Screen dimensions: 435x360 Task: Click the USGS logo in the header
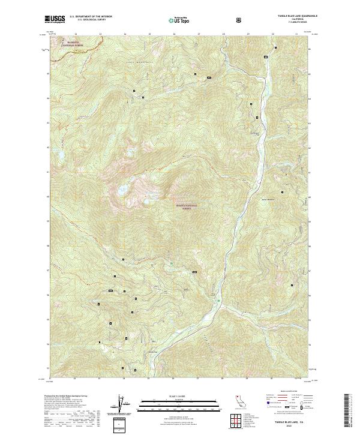pyautogui.click(x=55, y=20)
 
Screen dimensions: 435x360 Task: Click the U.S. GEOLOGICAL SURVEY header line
pyautogui.click(x=87, y=21)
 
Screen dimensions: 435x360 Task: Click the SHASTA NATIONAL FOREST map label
pyautogui.click(x=186, y=206)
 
